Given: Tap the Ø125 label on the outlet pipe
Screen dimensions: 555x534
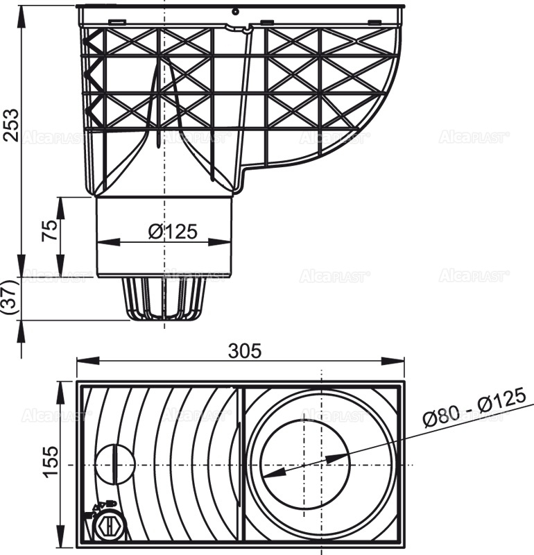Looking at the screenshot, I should coord(173,232).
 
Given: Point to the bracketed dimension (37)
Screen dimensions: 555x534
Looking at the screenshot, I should coord(8,298).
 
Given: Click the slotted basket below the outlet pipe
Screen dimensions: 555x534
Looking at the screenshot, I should coord(164,298).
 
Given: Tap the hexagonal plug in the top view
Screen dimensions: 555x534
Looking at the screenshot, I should coord(108,526).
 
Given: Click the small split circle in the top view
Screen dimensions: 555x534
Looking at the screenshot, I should coord(111,464).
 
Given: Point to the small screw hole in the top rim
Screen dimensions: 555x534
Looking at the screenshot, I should coord(236,11).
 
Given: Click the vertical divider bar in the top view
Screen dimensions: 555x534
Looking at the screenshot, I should coord(240,464).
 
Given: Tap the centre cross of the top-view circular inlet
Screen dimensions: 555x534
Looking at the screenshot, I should coord(322,464).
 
